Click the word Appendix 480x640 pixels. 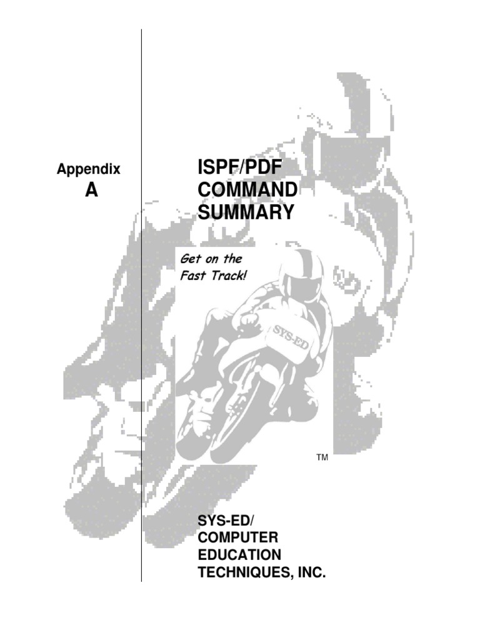pyautogui.click(x=89, y=169)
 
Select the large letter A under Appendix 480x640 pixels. pyautogui.click(x=91, y=191)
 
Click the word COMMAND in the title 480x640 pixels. pyautogui.click(x=247, y=190)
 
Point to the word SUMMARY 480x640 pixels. pyautogui.click(x=246, y=212)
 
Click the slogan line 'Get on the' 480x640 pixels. pyautogui.click(x=211, y=258)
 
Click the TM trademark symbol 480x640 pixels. pyautogui.click(x=322, y=458)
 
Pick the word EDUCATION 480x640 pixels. pyautogui.click(x=239, y=555)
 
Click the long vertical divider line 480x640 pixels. pyautogui.click(x=142, y=375)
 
